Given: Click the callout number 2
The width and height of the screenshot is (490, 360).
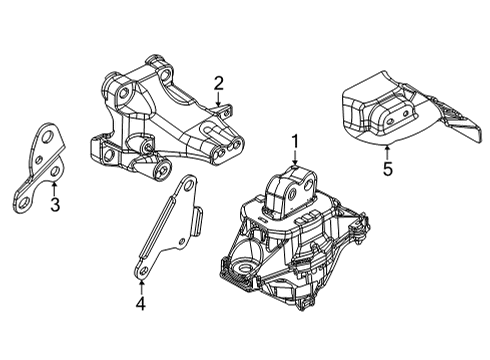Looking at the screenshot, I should tap(218, 83).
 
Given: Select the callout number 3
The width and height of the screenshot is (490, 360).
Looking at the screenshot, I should tap(55, 207).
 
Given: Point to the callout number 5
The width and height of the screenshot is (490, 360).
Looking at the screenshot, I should tap(387, 169).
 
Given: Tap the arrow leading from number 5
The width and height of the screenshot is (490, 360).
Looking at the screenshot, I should tap(387, 150).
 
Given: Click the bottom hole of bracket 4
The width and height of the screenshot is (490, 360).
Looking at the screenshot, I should tap(143, 268).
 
